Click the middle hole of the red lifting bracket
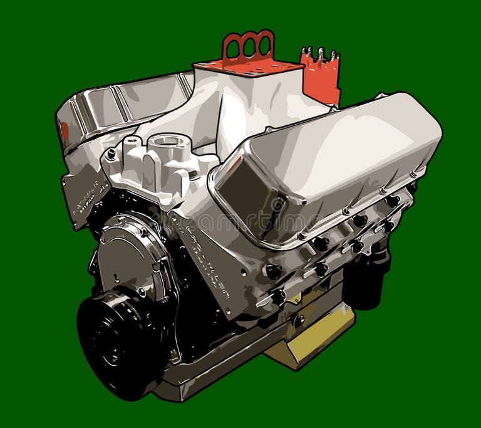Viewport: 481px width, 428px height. [x=249, y=44]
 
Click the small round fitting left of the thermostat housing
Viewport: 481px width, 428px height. [x=111, y=153]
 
